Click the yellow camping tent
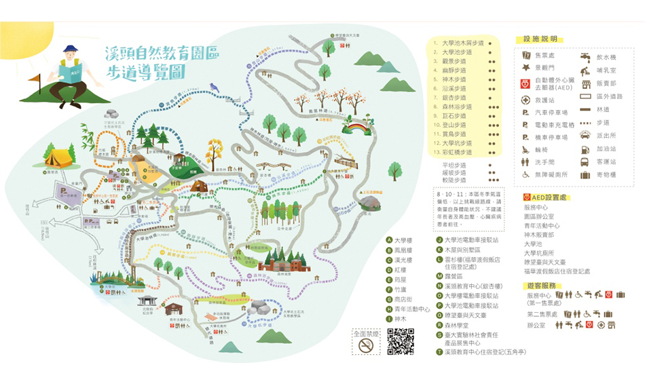tap(59, 157)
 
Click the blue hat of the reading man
tap(71, 49)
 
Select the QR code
tap(401, 341)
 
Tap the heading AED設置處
tap(545, 197)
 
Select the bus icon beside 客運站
tap(584, 161)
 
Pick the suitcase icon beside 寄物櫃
tap(584, 174)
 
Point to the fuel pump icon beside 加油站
tap(584, 148)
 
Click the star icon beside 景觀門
tap(525, 69)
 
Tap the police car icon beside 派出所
tap(584, 135)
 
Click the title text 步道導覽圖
tap(140, 70)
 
